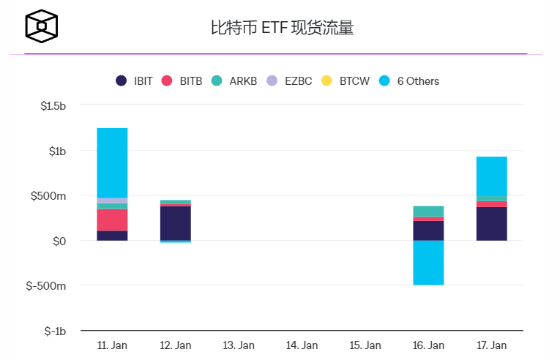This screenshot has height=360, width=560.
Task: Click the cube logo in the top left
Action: (x=42, y=26)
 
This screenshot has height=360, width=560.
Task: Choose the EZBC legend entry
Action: (x=288, y=81)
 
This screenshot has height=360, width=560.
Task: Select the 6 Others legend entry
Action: (x=409, y=81)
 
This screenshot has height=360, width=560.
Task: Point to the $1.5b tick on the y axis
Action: (x=53, y=105)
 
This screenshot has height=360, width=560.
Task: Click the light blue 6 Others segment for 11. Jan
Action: (x=112, y=162)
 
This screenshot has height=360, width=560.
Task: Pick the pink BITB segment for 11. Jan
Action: (x=112, y=220)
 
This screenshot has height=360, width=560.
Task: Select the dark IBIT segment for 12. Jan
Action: (x=176, y=223)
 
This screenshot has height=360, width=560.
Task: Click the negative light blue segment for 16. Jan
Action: (x=428, y=263)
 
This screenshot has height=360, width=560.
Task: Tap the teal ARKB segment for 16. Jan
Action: (x=428, y=211)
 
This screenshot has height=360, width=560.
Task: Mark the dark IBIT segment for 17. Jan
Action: (x=491, y=224)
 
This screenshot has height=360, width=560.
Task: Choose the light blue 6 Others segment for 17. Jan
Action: (x=491, y=176)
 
